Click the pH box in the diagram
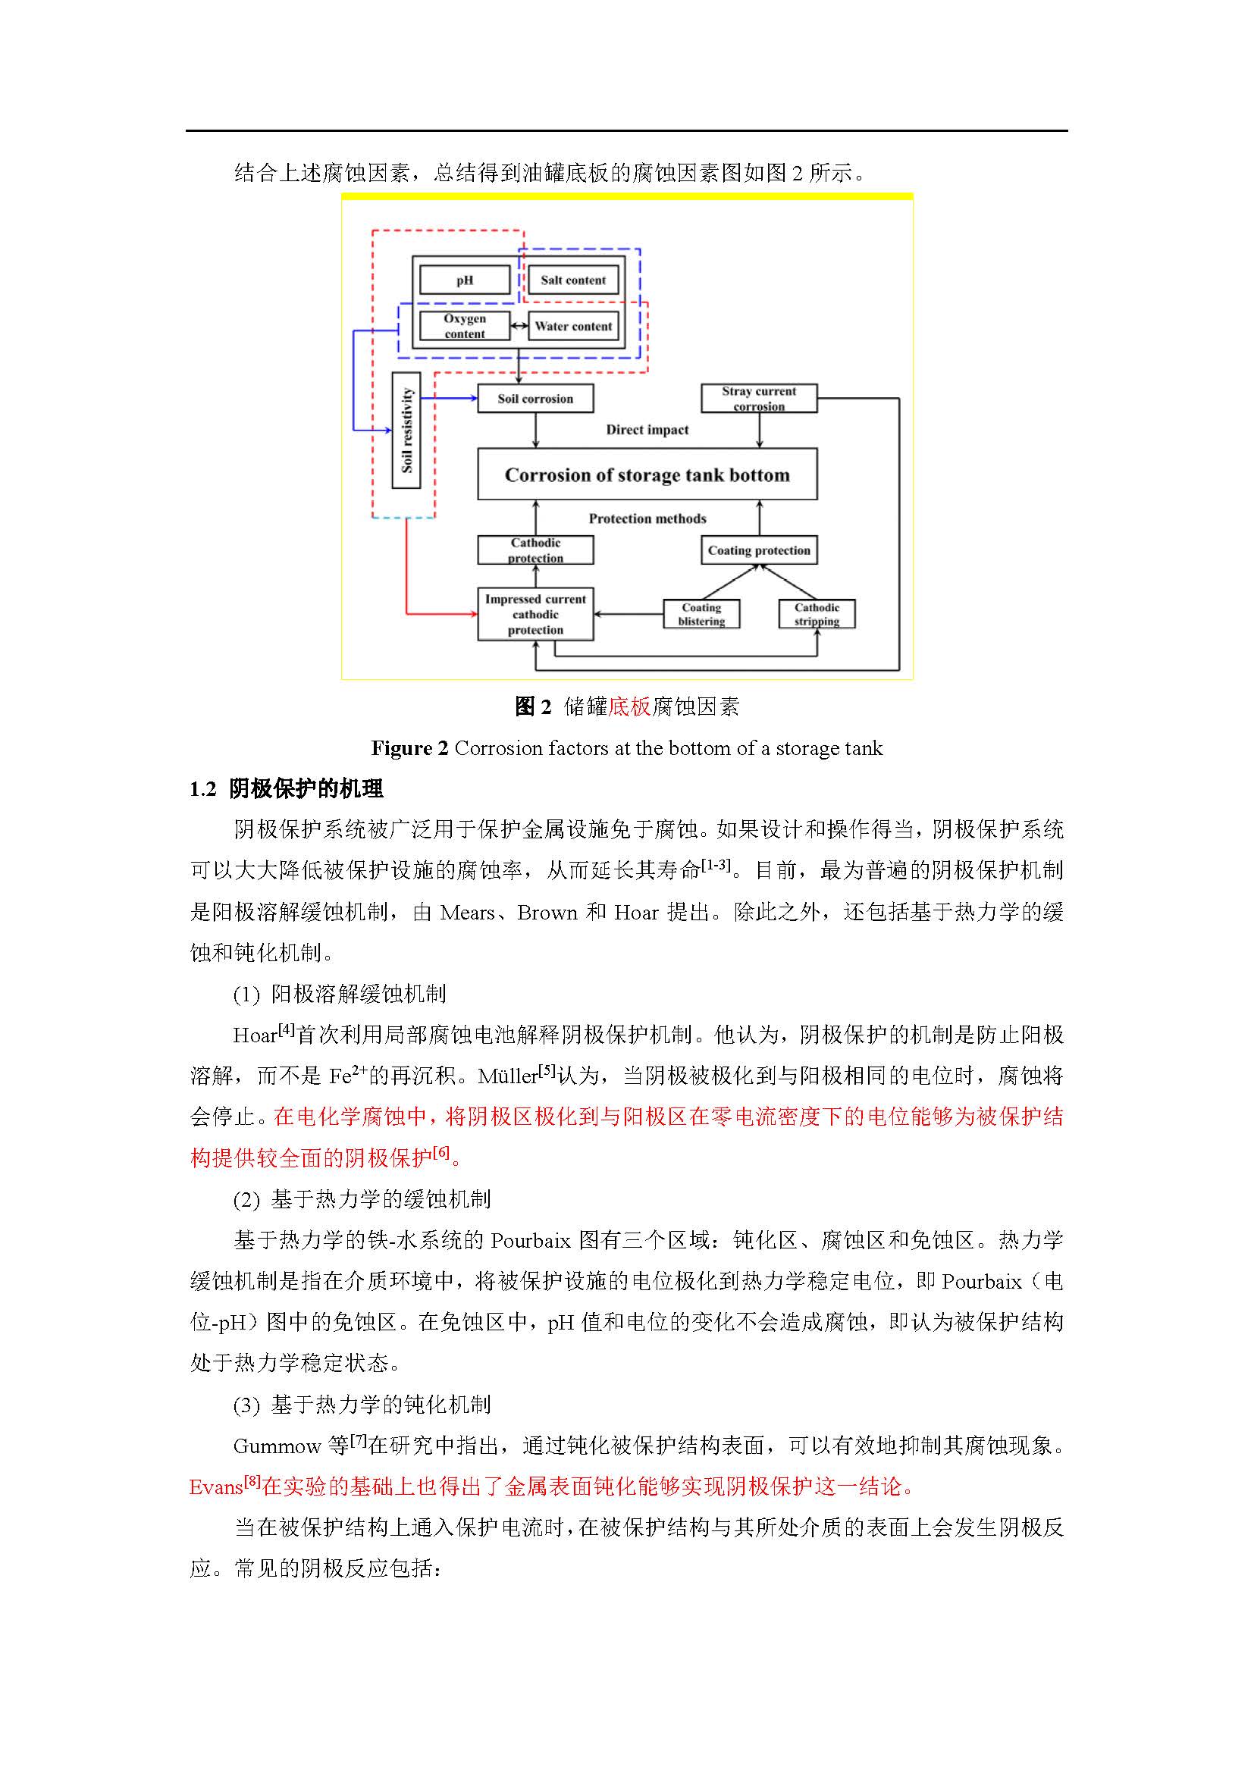(x=464, y=280)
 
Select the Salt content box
(x=572, y=280)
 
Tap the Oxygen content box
(x=464, y=326)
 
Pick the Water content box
(x=573, y=326)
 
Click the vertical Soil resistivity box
(x=406, y=430)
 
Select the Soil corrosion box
(x=535, y=399)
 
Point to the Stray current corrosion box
(x=758, y=399)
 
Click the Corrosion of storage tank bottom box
(x=647, y=474)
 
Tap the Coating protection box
(x=758, y=550)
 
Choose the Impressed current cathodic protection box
(x=535, y=614)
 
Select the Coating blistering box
(x=701, y=614)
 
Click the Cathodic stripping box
(x=817, y=614)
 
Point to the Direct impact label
(x=647, y=429)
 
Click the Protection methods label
(x=647, y=518)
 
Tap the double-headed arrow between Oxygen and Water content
(x=519, y=326)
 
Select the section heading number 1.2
(x=203, y=788)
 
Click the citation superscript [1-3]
(x=714, y=865)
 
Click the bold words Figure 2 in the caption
(x=409, y=747)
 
